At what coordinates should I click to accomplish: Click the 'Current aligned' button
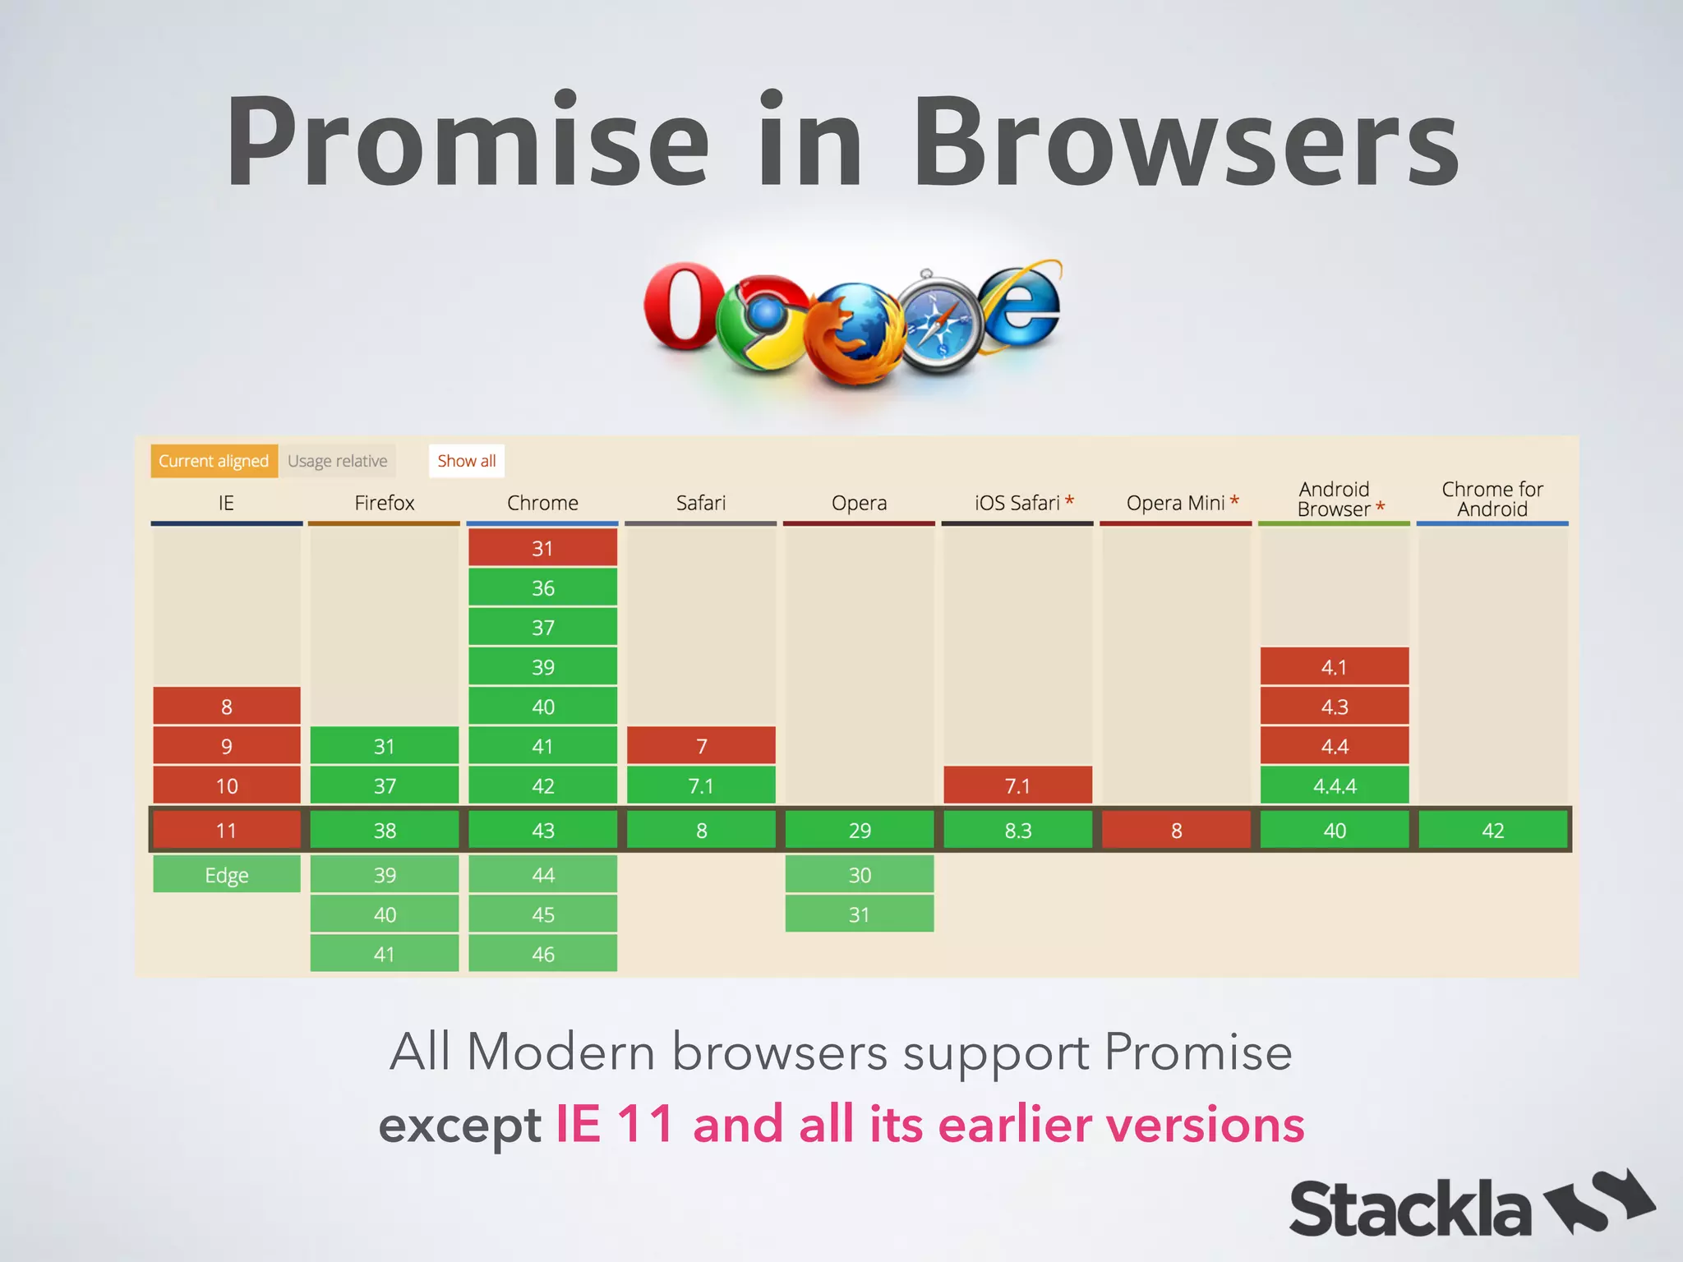[x=214, y=461]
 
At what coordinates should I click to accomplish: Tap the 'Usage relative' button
[x=337, y=461]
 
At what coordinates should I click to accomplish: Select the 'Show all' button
[x=466, y=461]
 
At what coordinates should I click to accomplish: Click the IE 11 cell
[x=227, y=831]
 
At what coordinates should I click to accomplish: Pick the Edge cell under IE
[x=227, y=875]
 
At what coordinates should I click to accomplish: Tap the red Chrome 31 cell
[x=542, y=548]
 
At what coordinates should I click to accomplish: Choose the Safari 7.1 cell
[x=701, y=786]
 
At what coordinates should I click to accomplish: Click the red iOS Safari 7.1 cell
[x=1017, y=786]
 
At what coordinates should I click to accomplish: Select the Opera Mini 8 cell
[x=1176, y=831]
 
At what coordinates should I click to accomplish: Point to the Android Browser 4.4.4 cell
[x=1335, y=786]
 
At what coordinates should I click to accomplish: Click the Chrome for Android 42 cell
[x=1492, y=831]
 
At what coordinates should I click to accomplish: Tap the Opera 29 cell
[x=860, y=831]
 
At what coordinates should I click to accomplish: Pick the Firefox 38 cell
[x=385, y=831]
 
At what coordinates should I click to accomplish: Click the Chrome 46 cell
[x=542, y=954]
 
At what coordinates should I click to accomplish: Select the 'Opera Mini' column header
[x=1176, y=503]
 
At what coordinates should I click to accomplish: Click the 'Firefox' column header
[x=385, y=503]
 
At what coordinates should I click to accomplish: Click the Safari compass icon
[x=938, y=322]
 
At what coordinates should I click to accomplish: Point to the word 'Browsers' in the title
[x=1185, y=141]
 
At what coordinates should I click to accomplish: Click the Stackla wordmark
[x=1409, y=1209]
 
